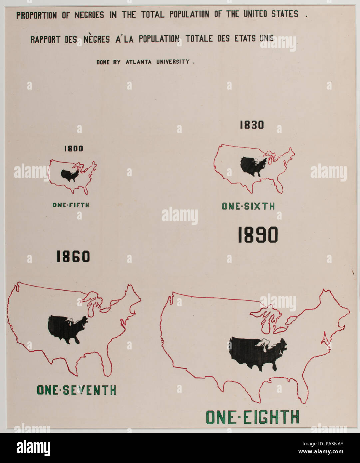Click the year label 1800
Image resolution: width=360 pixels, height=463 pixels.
pyautogui.click(x=74, y=149)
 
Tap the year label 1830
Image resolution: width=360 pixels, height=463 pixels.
pyautogui.click(x=252, y=125)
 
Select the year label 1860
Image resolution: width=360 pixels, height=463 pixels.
pyautogui.click(x=73, y=256)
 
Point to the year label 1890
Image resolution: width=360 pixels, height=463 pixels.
pyautogui.click(x=258, y=235)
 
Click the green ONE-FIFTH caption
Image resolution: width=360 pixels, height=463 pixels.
pyautogui.click(x=71, y=205)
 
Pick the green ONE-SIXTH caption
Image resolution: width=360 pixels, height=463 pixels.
pyautogui.click(x=248, y=207)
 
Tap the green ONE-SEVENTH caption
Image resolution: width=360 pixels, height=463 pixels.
pyautogui.click(x=76, y=390)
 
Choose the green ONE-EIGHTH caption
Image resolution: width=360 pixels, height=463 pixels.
pyautogui.click(x=252, y=417)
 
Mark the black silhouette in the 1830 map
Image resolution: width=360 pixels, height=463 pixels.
pyautogui.click(x=253, y=166)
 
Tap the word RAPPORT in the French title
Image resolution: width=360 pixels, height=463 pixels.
pyautogui.click(x=45, y=40)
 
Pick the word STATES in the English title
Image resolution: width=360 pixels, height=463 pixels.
pyautogui.click(x=284, y=14)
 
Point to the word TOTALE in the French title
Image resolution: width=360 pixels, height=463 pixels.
pyautogui.click(x=200, y=39)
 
